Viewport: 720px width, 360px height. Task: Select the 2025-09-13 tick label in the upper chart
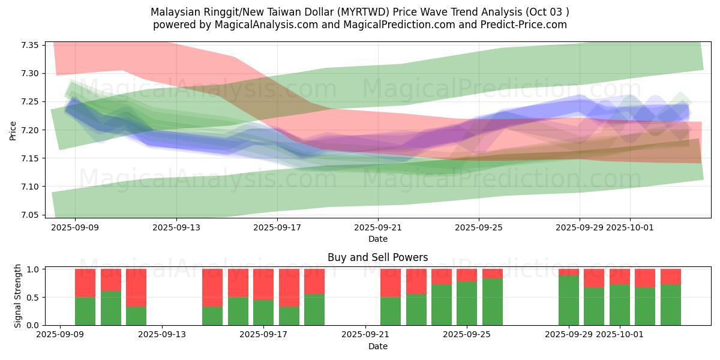coord(176,227)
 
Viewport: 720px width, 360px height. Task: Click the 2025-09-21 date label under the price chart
coord(378,227)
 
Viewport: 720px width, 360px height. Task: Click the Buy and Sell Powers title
coord(377,257)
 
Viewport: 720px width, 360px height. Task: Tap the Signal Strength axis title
coord(17,296)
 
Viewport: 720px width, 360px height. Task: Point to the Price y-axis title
coord(13,130)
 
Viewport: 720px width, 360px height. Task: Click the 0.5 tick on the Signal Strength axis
coord(34,298)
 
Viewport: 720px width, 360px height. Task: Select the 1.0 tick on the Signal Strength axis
coord(34,269)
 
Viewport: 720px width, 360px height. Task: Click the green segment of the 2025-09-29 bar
coord(568,300)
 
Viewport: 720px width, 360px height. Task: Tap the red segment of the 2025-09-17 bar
coord(263,283)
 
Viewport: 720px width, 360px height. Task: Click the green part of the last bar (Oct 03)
coord(670,305)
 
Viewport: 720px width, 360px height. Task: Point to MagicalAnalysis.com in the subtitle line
coord(259,25)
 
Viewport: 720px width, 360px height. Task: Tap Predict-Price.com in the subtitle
coord(522,25)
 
